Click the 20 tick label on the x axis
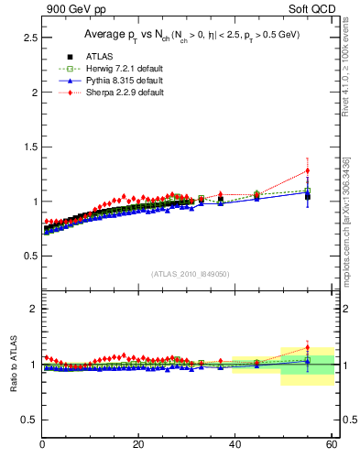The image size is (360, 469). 138,445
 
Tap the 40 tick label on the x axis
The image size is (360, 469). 235,445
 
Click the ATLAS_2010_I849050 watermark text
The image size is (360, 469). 191,273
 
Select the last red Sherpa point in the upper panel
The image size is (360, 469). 307,170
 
